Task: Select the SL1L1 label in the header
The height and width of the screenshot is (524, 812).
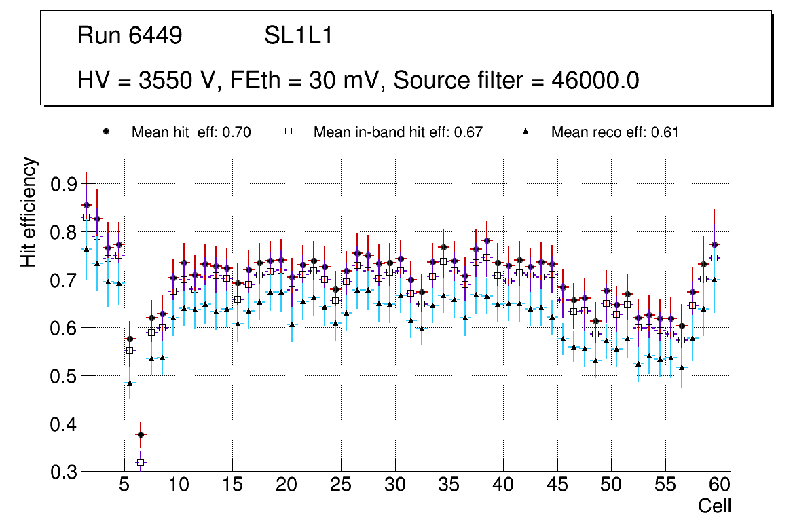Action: coord(298,36)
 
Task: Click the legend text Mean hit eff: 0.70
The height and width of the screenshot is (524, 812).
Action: coord(191,132)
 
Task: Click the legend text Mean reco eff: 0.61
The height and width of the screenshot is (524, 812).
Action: coord(614,132)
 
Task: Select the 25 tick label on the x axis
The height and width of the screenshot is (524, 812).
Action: coord(341,485)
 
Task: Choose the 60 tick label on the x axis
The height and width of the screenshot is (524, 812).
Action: coord(720,485)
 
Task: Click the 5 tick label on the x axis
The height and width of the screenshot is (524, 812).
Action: coord(124,485)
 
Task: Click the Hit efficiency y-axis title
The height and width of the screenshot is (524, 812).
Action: coord(29,212)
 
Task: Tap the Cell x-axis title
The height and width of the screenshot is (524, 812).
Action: coord(715,506)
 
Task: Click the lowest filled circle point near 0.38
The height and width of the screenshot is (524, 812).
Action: coord(141,434)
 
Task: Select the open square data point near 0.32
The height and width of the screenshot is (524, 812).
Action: coord(141,462)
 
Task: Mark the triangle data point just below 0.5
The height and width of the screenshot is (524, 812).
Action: coord(130,383)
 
